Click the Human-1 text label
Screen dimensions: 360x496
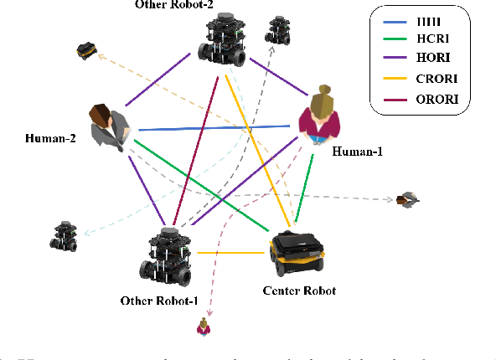[x=359, y=152]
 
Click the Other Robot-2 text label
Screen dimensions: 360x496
[x=173, y=5]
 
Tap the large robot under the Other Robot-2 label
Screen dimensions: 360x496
[x=222, y=42]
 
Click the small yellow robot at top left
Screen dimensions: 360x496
[x=85, y=49]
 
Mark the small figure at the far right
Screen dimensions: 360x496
[x=408, y=198]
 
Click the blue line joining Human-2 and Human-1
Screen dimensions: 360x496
[x=214, y=128]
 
